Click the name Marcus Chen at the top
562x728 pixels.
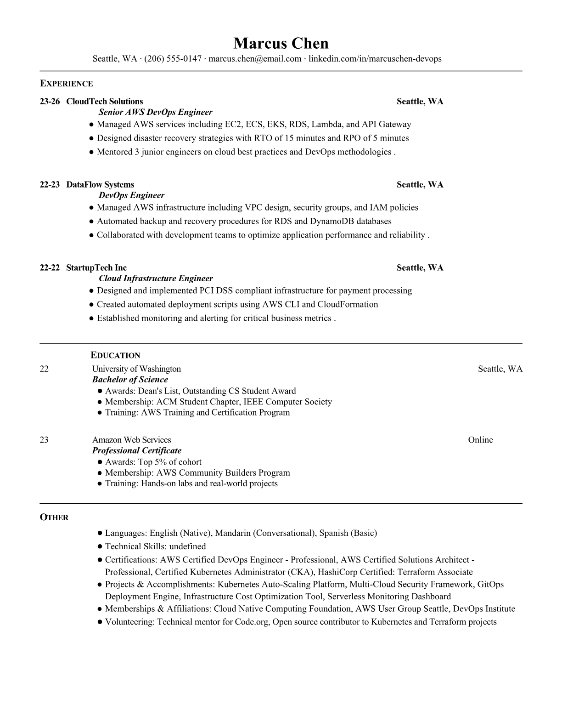pyautogui.click(x=281, y=43)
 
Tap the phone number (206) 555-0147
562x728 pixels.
pyautogui.click(x=173, y=59)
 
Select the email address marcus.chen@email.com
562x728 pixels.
pyautogui.click(x=255, y=59)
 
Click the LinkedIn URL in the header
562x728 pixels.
pyautogui.click(x=375, y=59)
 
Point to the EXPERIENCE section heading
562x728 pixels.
pyautogui.click(x=66, y=84)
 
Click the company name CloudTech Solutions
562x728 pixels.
pyautogui.click(x=104, y=102)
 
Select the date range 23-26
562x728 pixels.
pyautogui.click(x=50, y=102)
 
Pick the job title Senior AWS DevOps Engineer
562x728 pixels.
pyautogui.click(x=155, y=112)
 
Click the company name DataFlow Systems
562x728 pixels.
pyautogui.click(x=100, y=185)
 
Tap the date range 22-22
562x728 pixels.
pyautogui.click(x=50, y=268)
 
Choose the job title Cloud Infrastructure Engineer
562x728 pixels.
pyautogui.click(x=156, y=279)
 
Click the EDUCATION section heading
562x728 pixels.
pyautogui.click(x=115, y=355)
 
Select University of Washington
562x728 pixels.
pyautogui.click(x=136, y=369)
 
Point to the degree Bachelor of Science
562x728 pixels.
pyautogui.click(x=130, y=380)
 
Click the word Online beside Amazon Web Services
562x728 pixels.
pyautogui.click(x=480, y=440)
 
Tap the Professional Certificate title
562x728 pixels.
pyautogui.click(x=137, y=450)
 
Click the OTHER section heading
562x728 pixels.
pyautogui.click(x=54, y=518)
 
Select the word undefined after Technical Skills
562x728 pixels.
pyautogui.click(x=187, y=546)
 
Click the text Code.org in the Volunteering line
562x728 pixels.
pyautogui.click(x=252, y=622)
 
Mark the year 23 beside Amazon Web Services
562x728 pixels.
pyautogui.click(x=44, y=440)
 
